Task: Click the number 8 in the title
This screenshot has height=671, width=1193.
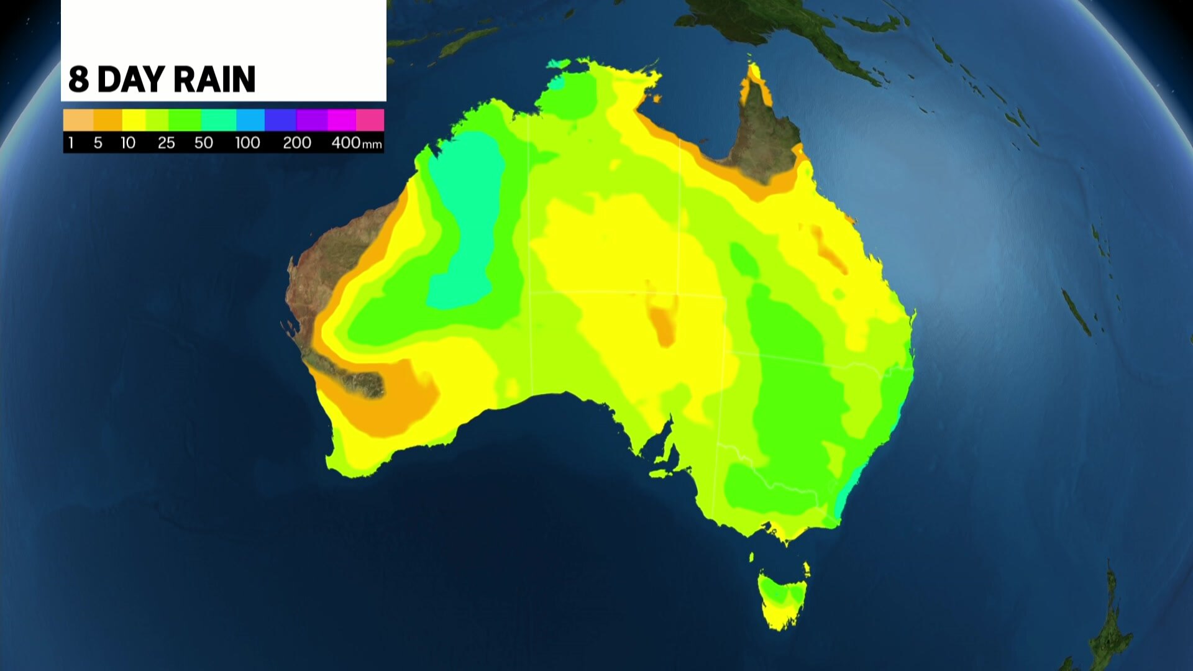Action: point(78,80)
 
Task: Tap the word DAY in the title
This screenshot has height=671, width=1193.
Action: point(132,80)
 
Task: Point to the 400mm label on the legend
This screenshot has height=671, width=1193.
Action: point(356,143)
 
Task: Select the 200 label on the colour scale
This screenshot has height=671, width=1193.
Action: point(297,143)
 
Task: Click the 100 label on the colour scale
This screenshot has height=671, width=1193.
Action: point(247,143)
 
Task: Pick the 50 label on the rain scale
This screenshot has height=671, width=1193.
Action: point(204,143)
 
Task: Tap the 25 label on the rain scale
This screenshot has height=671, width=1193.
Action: point(166,143)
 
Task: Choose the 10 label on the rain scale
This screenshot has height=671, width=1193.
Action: point(128,143)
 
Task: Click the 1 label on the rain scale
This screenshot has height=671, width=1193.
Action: point(71,143)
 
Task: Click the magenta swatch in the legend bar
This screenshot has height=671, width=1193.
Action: point(341,120)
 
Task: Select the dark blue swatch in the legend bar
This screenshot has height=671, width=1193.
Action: point(280,120)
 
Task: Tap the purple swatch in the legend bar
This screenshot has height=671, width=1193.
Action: point(311,120)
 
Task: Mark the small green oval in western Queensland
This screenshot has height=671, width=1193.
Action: point(743,260)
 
